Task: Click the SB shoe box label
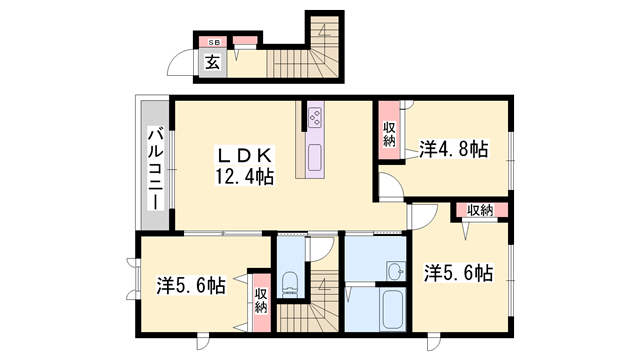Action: [x=213, y=43]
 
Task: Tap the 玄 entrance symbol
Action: [x=213, y=62]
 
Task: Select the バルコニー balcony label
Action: [x=156, y=168]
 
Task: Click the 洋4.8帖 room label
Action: [x=452, y=150]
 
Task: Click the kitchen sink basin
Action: [x=314, y=156]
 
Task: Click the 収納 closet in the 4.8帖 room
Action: [x=388, y=133]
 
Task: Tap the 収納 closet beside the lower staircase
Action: [x=260, y=298]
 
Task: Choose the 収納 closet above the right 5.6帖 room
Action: [x=479, y=210]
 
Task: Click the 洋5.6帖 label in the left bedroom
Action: [x=190, y=285]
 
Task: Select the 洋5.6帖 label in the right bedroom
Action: [x=457, y=271]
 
